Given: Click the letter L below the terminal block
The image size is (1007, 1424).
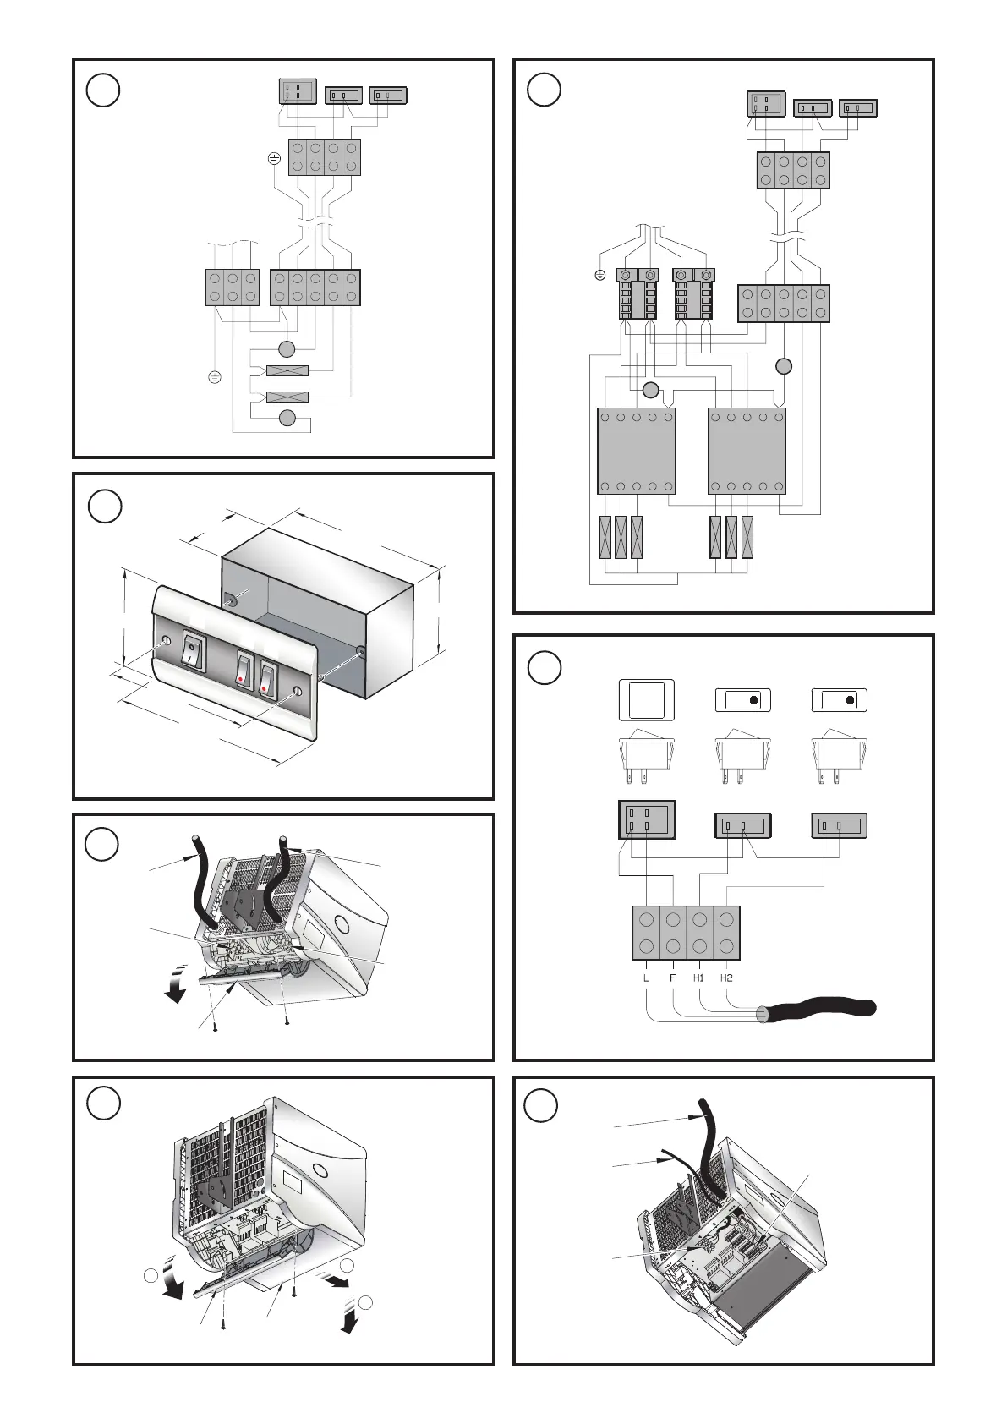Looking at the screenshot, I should click(647, 978).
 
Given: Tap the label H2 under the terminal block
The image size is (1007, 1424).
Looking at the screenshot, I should click(726, 978).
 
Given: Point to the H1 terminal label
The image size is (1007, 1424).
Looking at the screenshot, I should click(699, 978).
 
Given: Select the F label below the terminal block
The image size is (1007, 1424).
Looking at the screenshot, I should click(673, 978).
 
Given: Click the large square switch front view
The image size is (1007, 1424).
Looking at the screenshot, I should click(647, 699).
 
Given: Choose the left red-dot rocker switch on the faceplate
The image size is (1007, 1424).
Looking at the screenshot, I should click(244, 669).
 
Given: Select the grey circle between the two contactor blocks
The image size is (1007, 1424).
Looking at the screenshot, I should click(649, 390).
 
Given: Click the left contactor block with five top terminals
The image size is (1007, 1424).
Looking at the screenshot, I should click(636, 451).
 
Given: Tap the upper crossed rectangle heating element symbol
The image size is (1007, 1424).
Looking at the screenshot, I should click(287, 370).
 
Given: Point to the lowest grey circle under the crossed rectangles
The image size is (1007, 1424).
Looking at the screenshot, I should click(287, 417).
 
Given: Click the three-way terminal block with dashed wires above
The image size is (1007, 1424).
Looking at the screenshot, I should click(233, 287).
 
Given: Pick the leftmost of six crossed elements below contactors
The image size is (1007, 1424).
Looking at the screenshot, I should click(605, 536).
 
